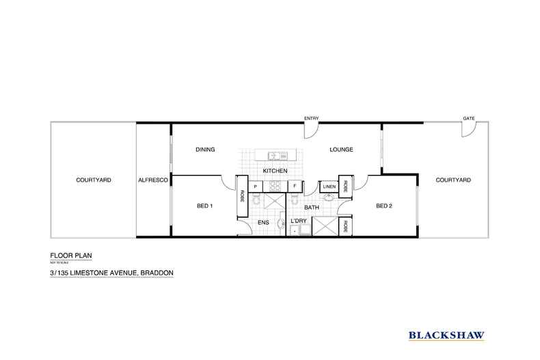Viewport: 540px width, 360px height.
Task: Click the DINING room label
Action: (205, 150)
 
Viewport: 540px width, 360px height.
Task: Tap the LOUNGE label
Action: (340, 150)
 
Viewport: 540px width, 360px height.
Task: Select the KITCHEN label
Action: (275, 170)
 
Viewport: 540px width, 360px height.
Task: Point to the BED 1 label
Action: (204, 206)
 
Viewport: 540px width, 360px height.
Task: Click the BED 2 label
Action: (383, 206)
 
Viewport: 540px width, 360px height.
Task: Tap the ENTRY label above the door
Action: (311, 118)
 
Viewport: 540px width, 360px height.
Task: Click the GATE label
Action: (468, 118)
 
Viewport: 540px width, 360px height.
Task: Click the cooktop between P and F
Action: (275, 186)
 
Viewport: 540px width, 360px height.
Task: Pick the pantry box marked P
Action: (254, 186)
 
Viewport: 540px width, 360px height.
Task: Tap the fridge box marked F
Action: (295, 186)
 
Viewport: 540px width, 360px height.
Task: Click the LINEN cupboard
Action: (328, 186)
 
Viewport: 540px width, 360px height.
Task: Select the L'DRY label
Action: (297, 221)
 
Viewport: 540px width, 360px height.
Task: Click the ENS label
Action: (263, 222)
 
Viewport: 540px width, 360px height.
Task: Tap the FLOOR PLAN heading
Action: (71, 256)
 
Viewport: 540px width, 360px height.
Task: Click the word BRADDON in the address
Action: (157, 273)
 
